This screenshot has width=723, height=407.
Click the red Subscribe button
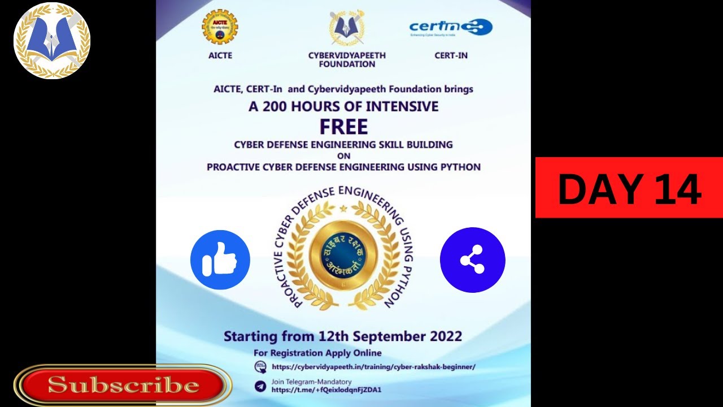[123, 386]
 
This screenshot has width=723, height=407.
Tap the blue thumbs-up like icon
[220, 260]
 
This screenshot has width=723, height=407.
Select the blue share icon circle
[472, 260]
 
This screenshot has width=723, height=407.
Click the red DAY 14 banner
[629, 188]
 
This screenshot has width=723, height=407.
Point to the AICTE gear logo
[220, 27]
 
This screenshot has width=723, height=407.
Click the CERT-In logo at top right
[451, 27]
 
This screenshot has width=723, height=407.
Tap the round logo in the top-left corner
[52, 40]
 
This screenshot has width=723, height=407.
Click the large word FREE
[343, 127]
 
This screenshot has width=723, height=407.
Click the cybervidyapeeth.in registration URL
[373, 366]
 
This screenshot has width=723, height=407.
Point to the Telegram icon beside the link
[260, 386]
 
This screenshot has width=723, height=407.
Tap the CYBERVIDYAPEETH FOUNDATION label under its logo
[347, 60]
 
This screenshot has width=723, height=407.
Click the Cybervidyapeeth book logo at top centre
[347, 27]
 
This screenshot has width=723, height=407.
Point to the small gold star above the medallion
[343, 209]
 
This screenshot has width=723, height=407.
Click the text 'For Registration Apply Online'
[317, 353]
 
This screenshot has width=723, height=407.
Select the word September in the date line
[386, 336]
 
